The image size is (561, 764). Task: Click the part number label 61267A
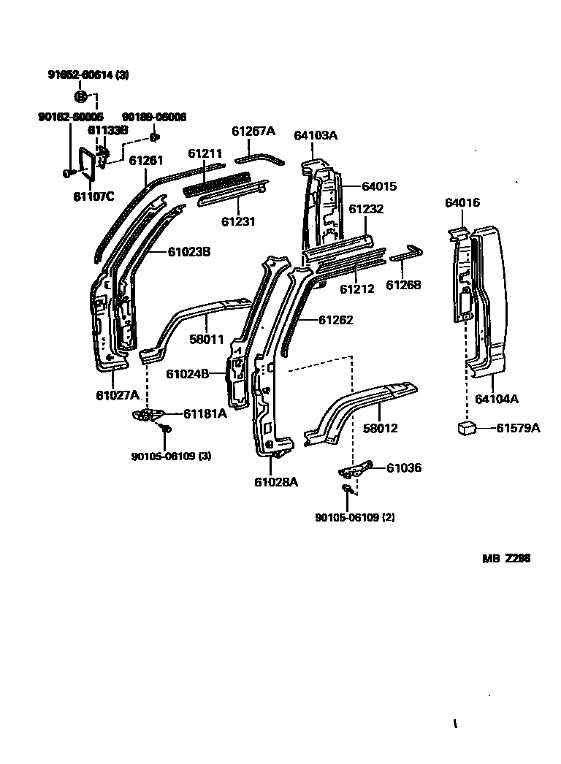click(x=253, y=131)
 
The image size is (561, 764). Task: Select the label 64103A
click(x=316, y=135)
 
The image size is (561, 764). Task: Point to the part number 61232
click(x=365, y=209)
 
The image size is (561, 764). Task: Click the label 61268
click(x=403, y=286)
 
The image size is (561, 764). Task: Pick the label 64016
click(x=462, y=202)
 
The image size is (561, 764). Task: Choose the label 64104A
click(x=497, y=399)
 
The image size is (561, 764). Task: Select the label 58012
click(x=381, y=428)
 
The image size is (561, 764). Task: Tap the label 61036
click(x=403, y=467)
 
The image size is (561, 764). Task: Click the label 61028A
click(x=276, y=481)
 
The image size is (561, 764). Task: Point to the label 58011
click(x=207, y=340)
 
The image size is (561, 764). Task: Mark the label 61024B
click(x=188, y=373)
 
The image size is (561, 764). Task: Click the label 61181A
click(x=205, y=413)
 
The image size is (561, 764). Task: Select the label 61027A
click(x=117, y=395)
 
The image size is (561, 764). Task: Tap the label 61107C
click(x=94, y=196)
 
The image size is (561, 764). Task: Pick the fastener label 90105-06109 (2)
click(x=355, y=518)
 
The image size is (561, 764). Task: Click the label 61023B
click(x=189, y=252)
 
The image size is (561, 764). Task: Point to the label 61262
click(x=335, y=320)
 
